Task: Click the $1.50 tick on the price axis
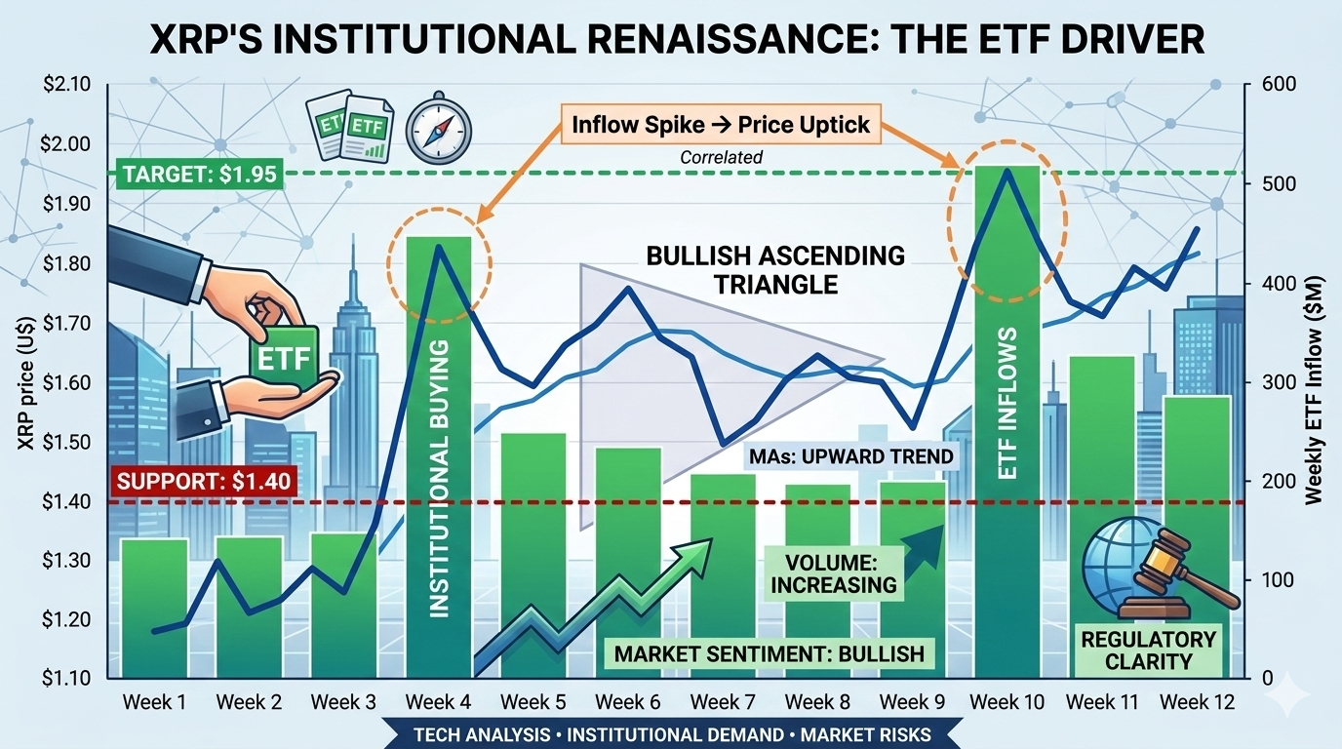point(66,443)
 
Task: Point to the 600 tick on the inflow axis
point(1278,85)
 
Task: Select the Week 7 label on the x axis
point(723,702)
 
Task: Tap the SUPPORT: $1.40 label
point(204,480)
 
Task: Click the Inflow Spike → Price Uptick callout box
point(721,126)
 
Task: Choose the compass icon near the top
point(438,129)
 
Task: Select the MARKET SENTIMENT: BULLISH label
point(770,653)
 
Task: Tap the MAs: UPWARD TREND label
point(851,456)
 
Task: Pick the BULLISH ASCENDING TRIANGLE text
point(775,269)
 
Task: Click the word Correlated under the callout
point(721,157)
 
